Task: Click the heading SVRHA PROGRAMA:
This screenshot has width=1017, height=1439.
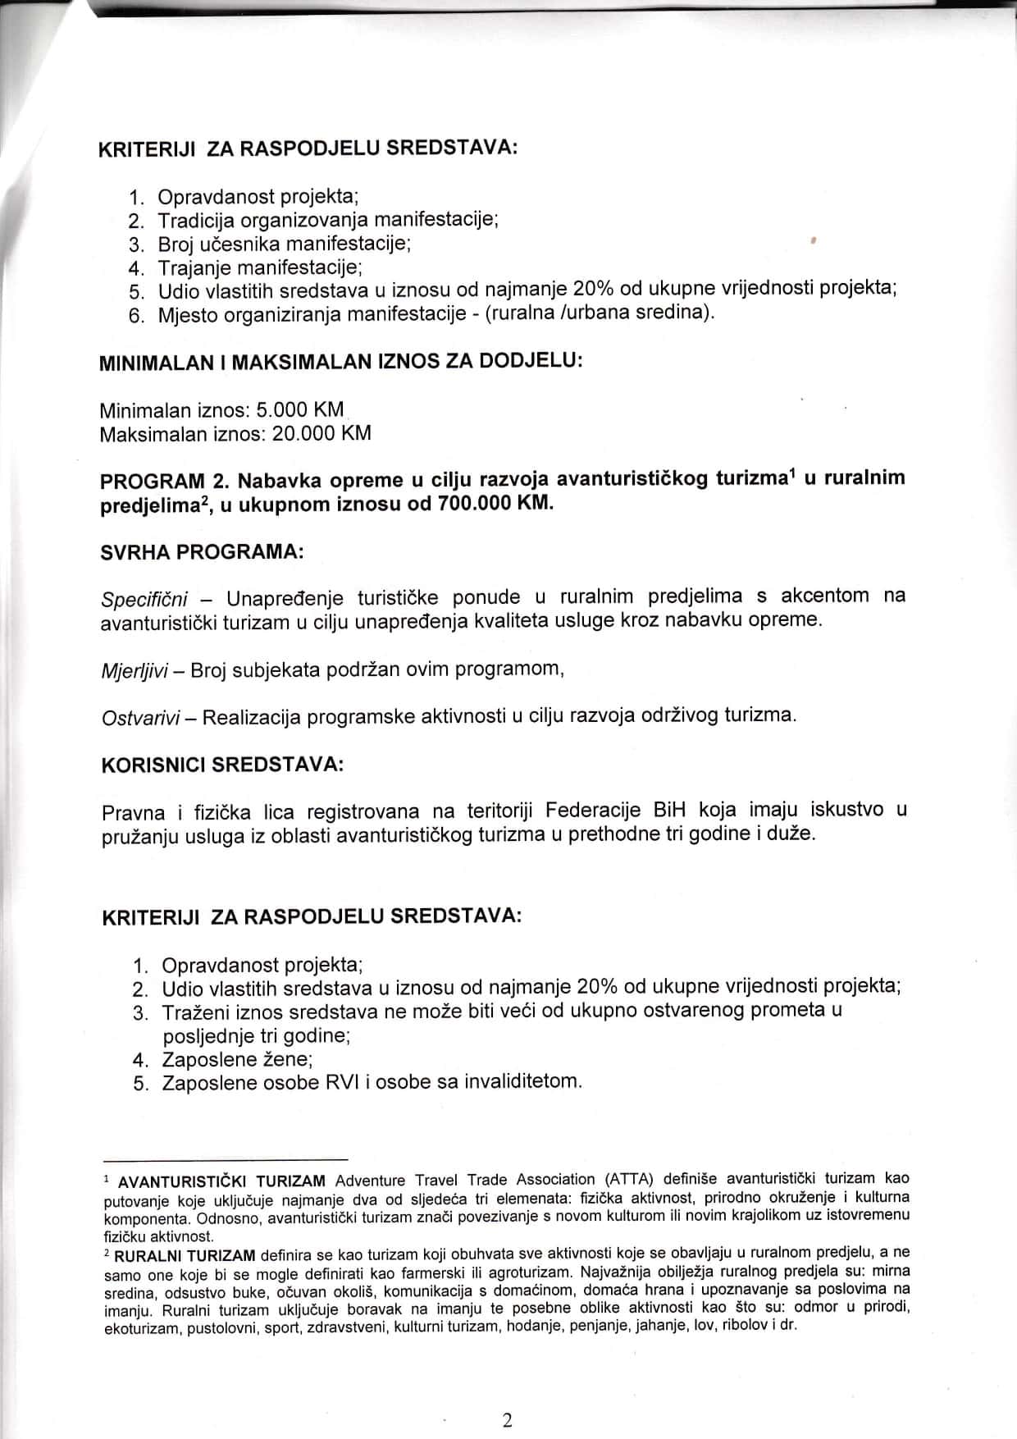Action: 202,551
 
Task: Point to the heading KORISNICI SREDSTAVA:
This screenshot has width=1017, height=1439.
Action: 221,765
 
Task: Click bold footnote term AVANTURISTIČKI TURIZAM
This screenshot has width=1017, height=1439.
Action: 221,1182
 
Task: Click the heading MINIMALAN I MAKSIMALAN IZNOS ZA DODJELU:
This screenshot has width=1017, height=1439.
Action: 340,363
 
